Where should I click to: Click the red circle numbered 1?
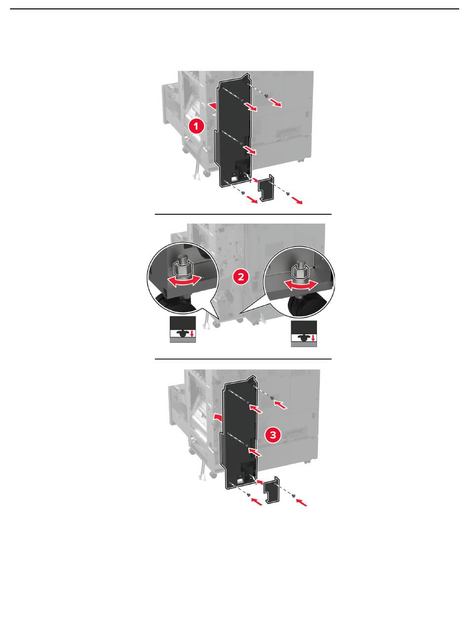tap(196, 126)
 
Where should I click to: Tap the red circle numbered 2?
tap(241, 276)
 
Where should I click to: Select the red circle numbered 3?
tap(273, 435)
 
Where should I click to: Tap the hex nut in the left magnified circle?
tap(183, 269)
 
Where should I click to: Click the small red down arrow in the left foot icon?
tap(193, 333)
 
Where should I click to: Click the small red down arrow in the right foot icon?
tap(313, 338)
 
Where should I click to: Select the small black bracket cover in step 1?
tap(266, 188)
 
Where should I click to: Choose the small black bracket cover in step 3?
tap(272, 490)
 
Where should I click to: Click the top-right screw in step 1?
tap(266, 96)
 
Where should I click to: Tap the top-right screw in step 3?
tap(272, 398)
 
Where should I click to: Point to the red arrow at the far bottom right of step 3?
tap(302, 503)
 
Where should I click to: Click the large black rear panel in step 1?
tap(234, 131)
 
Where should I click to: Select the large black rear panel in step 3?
tap(240, 433)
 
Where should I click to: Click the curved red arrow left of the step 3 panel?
tap(218, 417)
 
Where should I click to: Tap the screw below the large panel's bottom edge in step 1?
tap(243, 193)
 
